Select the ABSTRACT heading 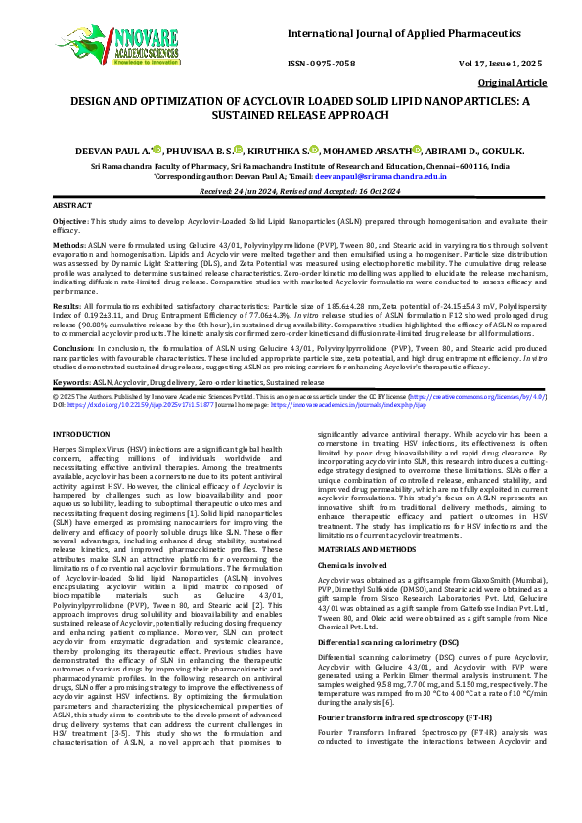[x=72, y=207]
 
